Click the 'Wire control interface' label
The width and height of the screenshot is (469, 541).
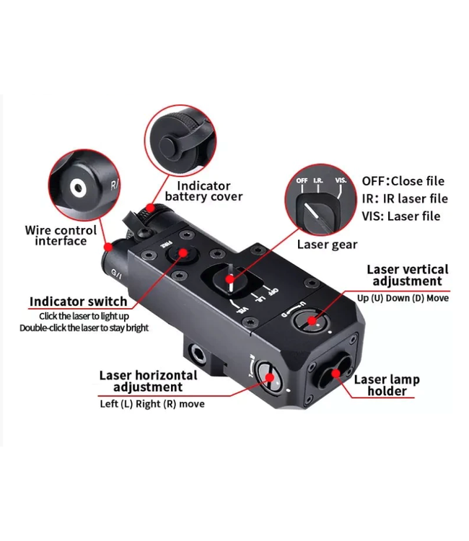click(x=61, y=235)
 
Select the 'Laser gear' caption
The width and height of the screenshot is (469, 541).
click(x=327, y=245)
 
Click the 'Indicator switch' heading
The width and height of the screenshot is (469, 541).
click(x=78, y=302)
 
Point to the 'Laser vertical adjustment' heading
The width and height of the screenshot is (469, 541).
click(x=407, y=275)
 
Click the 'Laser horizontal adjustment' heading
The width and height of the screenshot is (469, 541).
click(x=147, y=381)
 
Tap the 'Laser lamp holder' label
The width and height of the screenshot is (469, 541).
click(x=387, y=385)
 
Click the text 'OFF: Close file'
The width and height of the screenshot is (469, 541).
click(x=403, y=181)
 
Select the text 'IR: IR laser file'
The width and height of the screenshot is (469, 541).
click(x=404, y=198)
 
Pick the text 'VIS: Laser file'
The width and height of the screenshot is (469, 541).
click(x=400, y=216)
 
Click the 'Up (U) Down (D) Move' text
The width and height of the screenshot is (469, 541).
click(x=403, y=297)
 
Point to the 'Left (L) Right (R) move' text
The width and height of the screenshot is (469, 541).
click(x=152, y=403)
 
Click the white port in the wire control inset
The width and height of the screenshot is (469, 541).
click(x=77, y=189)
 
